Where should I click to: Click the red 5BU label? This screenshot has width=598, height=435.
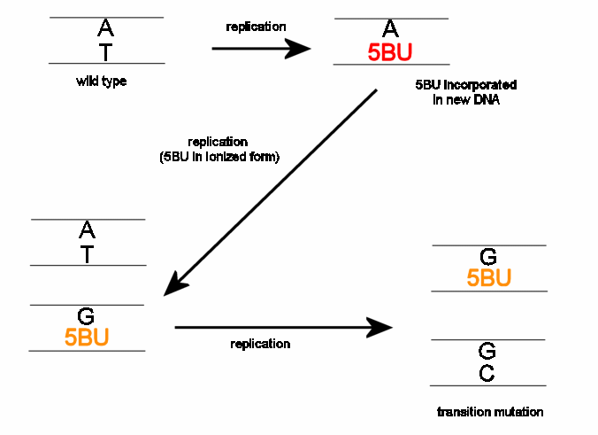390,51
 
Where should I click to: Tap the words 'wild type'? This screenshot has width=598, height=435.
102,82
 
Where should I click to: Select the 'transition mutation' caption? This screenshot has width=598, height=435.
489,412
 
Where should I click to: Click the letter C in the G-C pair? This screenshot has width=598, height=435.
487,374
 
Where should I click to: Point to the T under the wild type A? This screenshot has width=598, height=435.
105,52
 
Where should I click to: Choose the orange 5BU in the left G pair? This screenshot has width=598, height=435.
87,338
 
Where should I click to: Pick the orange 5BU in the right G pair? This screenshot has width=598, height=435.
488,278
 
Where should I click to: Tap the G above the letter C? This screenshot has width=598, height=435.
487,352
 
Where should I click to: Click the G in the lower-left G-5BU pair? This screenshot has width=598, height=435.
87,316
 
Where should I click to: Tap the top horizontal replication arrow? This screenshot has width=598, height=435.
261,48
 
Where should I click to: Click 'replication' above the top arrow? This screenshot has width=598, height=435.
256,27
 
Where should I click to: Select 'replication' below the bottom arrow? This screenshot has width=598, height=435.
260,344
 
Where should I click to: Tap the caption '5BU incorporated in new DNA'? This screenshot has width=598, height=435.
465,92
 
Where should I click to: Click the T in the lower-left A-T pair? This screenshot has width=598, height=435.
87,253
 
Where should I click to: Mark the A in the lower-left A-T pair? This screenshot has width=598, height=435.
87,230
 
